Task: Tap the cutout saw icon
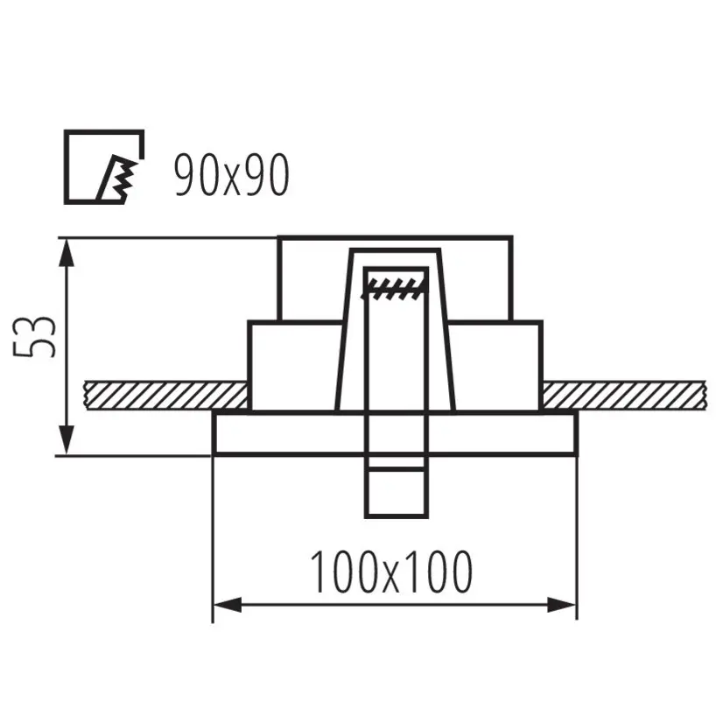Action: click(x=104, y=167)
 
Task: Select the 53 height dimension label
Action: click(x=36, y=336)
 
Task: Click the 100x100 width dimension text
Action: click(x=392, y=572)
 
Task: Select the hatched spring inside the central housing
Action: click(x=397, y=285)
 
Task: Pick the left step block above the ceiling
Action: click(x=293, y=365)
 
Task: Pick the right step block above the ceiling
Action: click(x=495, y=365)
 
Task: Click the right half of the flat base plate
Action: click(x=503, y=432)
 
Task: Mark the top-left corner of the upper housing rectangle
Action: click(x=278, y=237)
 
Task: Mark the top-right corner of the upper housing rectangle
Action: click(x=512, y=237)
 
